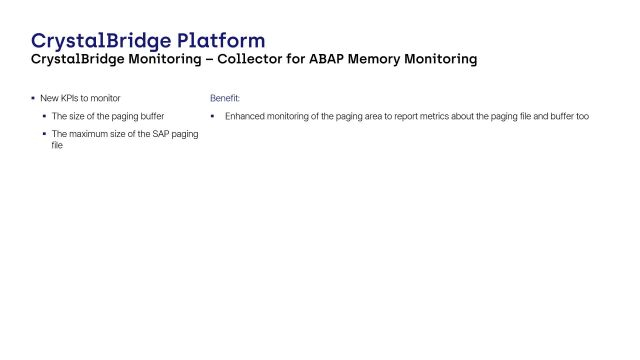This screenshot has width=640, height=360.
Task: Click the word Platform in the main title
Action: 221,41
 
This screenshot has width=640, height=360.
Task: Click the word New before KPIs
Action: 48,99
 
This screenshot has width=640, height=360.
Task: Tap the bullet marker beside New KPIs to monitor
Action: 32,99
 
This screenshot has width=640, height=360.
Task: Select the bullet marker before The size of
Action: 44,116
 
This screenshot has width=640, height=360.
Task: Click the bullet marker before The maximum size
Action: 44,133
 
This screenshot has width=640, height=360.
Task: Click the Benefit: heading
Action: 225,99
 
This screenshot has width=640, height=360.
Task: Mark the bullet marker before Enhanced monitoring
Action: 213,116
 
